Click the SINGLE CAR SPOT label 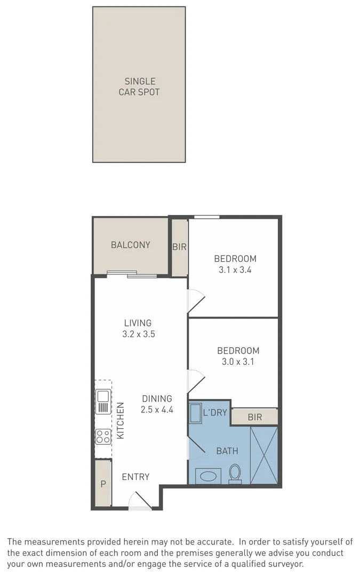[x=139, y=86]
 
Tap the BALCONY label [x=131, y=245]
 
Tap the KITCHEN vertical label [x=121, y=420]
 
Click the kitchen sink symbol [x=103, y=401]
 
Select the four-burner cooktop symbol [x=103, y=437]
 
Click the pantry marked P [x=102, y=484]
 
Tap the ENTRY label [x=135, y=477]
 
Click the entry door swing [x=140, y=500]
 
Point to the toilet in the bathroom [x=235, y=473]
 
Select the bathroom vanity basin [x=208, y=476]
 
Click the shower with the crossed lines [x=264, y=455]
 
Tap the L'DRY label [x=216, y=412]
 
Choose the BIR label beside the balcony [x=179, y=247]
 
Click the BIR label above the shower [x=255, y=417]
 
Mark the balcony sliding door [x=132, y=275]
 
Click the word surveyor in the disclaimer [x=286, y=563]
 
